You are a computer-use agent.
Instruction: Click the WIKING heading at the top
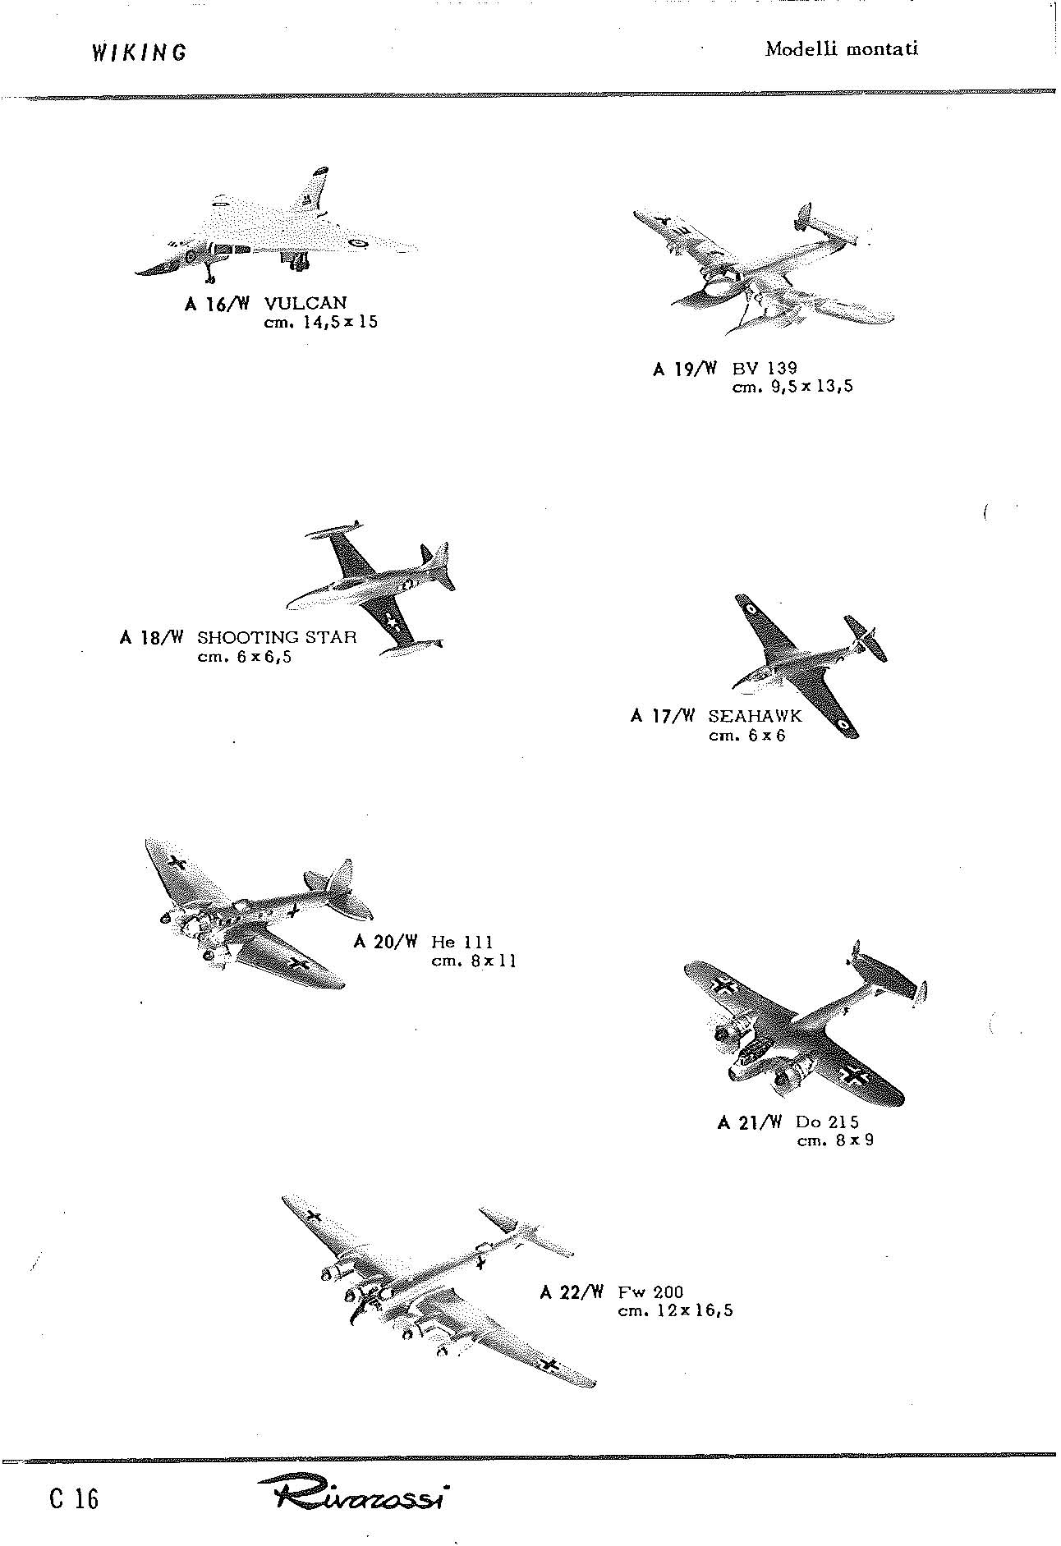coord(139,53)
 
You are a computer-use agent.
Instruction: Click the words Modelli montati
coord(842,48)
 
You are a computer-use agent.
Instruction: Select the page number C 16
coord(74,1498)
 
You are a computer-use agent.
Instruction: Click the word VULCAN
coord(305,303)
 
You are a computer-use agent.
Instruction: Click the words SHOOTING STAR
coord(277,637)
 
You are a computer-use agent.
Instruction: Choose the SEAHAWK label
coord(755,716)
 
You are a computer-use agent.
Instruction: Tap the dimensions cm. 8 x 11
coord(474,961)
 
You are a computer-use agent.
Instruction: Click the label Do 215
coord(828,1122)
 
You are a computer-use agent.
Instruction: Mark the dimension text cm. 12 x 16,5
coord(675,1311)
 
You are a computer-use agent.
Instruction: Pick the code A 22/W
coord(572,1293)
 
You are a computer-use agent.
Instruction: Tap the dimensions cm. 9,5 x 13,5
coord(792,387)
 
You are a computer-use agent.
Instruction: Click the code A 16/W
coord(218,304)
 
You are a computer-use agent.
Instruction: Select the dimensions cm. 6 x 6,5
coord(245,657)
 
